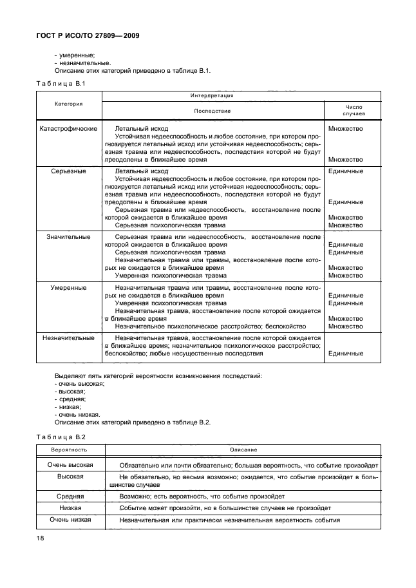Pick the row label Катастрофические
[x=68, y=128]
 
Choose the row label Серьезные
[x=68, y=171]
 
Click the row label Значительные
[x=68, y=237]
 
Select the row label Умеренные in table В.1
[x=68, y=287]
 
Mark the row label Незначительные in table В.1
[x=68, y=337]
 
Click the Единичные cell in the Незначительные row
[x=345, y=353]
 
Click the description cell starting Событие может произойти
[x=225, y=508]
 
